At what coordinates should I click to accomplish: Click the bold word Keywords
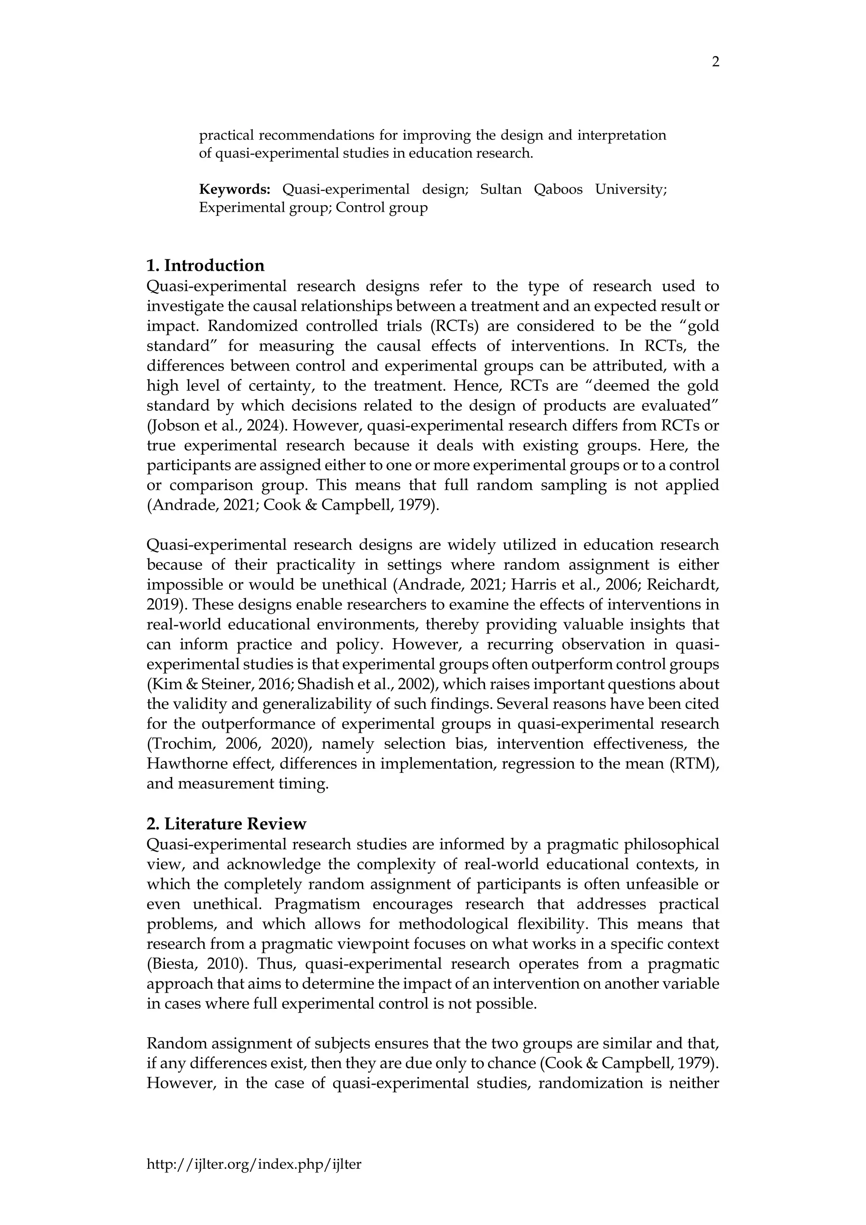click(x=235, y=190)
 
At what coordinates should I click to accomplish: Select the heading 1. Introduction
click(x=206, y=265)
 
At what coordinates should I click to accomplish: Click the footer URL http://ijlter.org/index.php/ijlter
click(x=254, y=1164)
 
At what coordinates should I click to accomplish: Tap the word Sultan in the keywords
click(x=501, y=190)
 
